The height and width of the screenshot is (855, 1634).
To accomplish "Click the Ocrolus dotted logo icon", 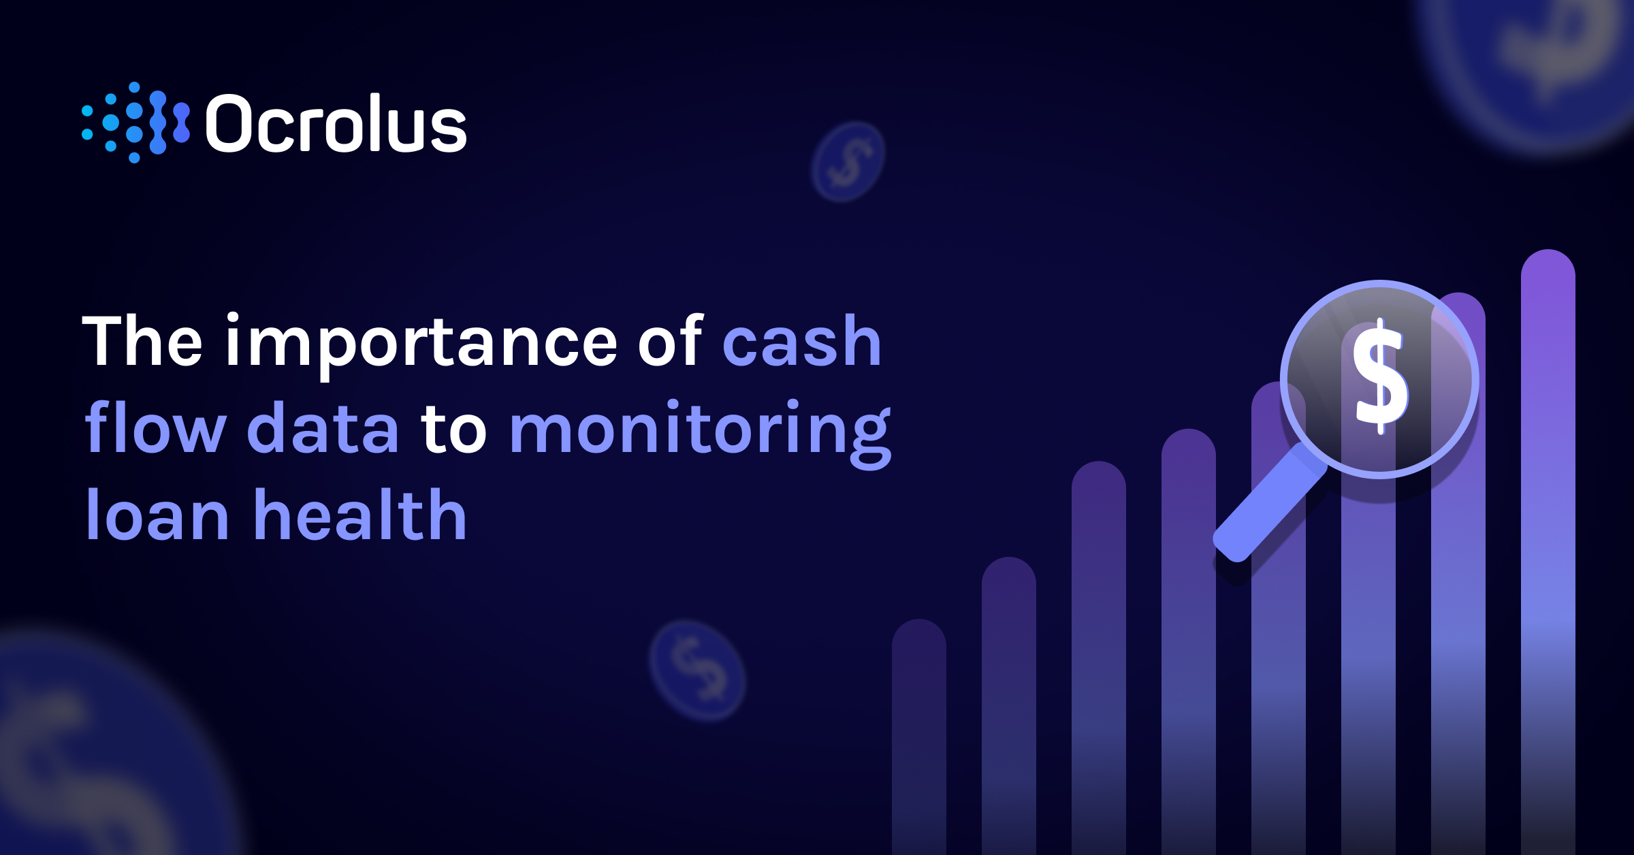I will coord(135,123).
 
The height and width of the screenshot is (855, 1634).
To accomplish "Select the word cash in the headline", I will coord(802,342).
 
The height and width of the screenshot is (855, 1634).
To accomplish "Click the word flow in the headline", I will coord(155,429).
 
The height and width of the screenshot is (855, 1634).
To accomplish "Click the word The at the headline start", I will coord(142,342).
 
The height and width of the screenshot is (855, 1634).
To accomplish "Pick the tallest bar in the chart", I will coord(1548,545).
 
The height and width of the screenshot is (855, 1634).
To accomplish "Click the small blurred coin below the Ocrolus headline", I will coord(697,671).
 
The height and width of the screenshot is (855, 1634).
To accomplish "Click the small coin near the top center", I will coord(848,162).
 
